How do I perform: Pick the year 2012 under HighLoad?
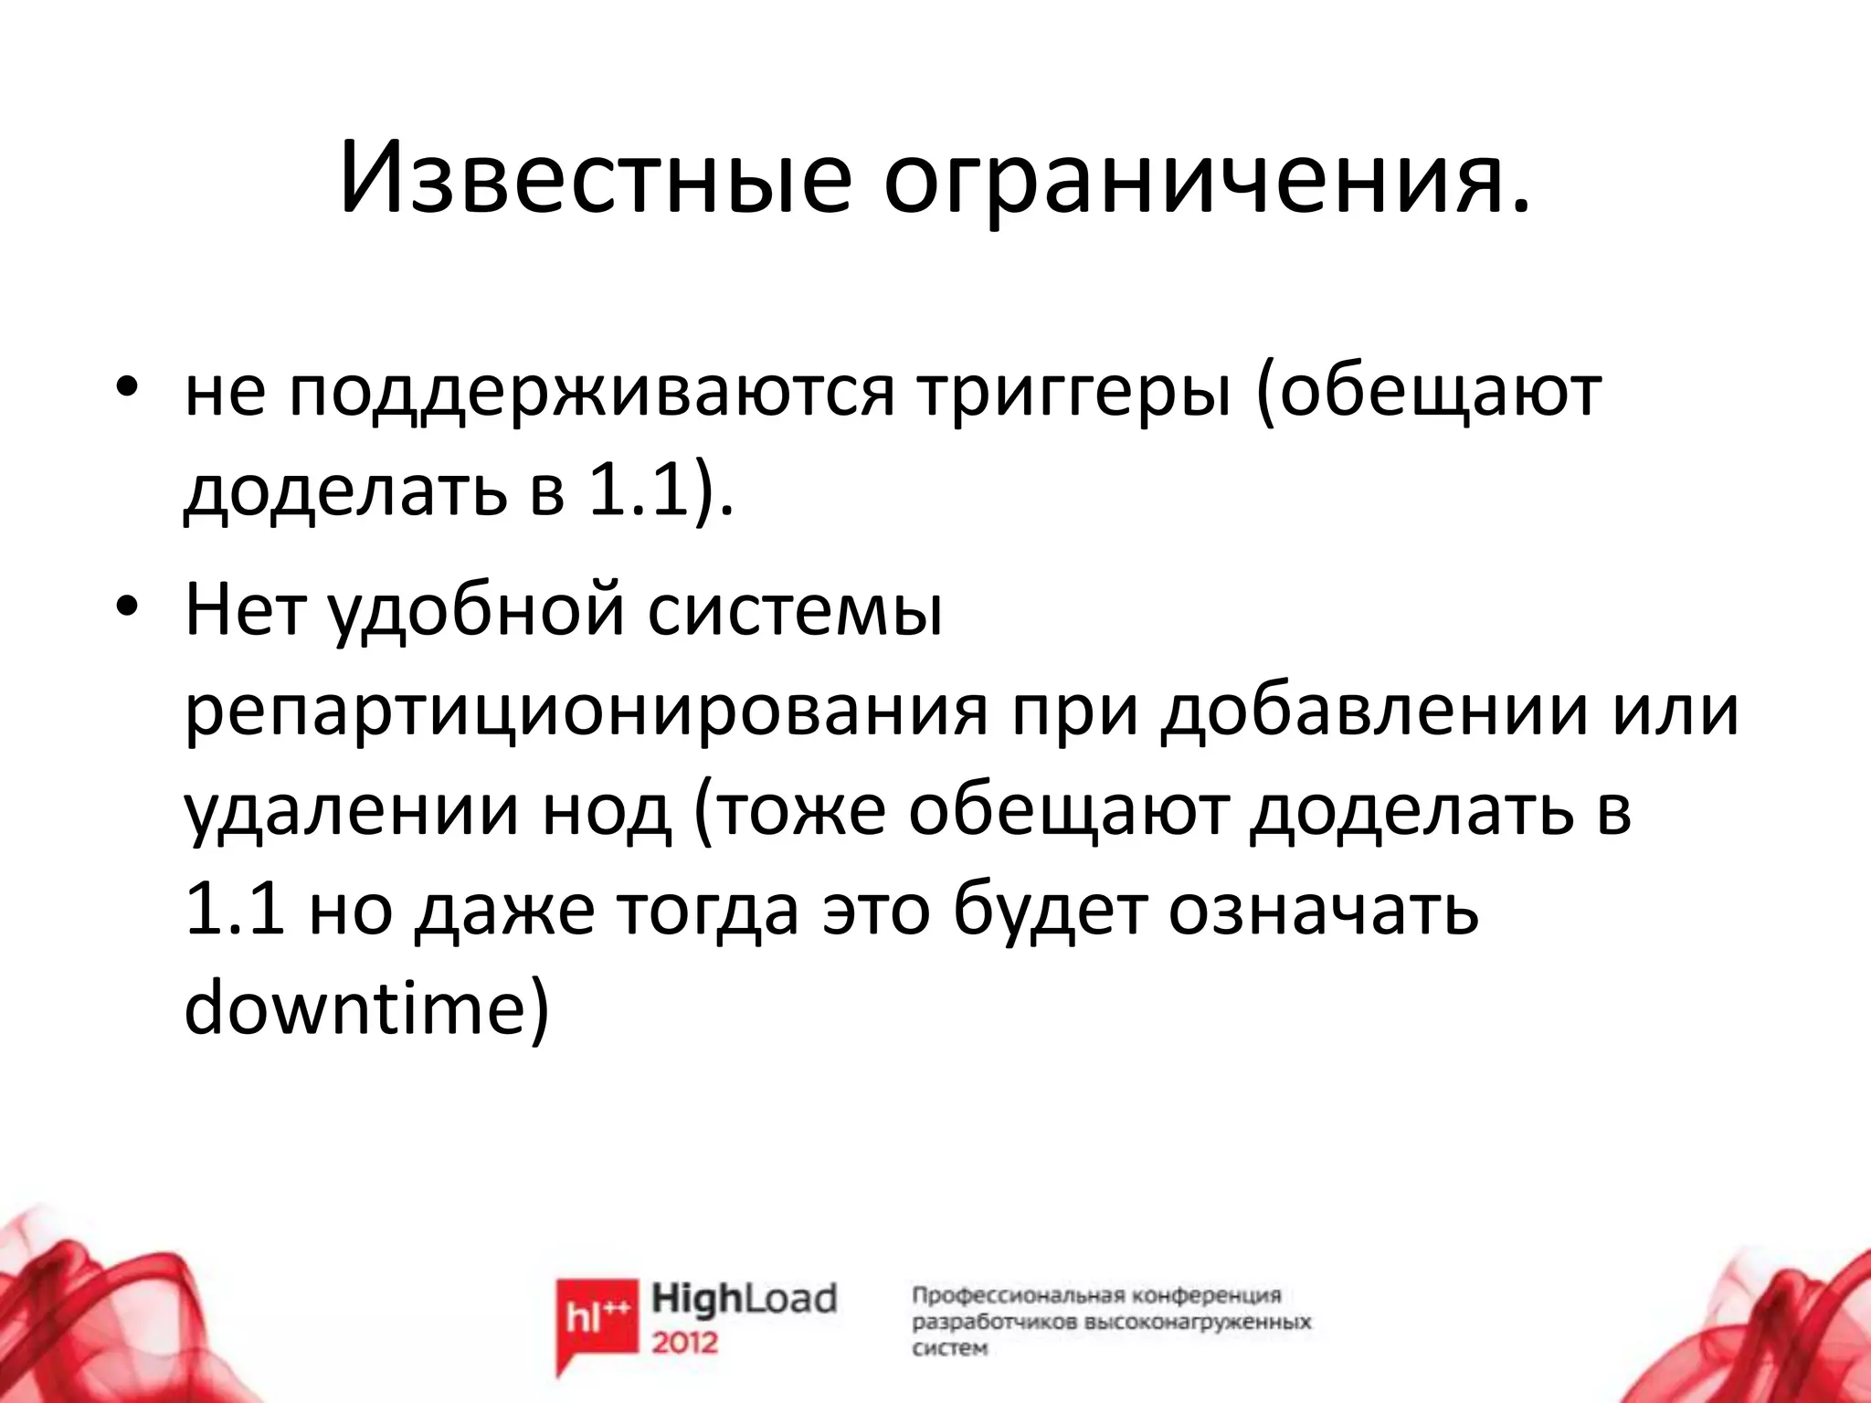click(685, 1343)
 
